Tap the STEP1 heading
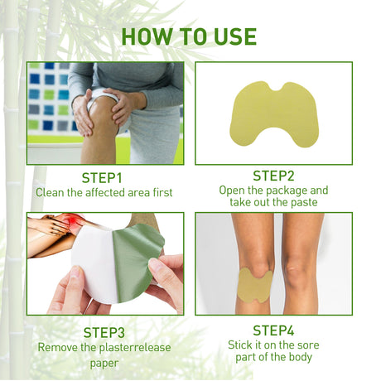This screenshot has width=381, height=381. [x=102, y=177]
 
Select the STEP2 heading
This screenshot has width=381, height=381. [x=273, y=175]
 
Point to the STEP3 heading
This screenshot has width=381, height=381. [x=104, y=332]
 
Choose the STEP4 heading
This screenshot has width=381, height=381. [x=273, y=329]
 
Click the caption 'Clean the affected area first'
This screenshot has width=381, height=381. [x=104, y=192]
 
